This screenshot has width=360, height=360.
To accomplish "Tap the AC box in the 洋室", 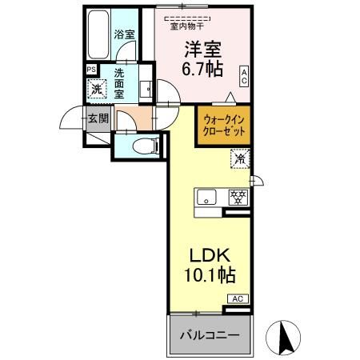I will (x=244, y=77).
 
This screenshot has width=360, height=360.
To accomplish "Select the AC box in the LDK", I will (x=238, y=298).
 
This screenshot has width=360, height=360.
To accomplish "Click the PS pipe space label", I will (x=90, y=70).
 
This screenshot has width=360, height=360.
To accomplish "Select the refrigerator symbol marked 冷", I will (x=239, y=159).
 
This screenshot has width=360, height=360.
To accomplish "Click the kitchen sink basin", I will (x=206, y=197).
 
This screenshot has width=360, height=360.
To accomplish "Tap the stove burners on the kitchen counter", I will (x=237, y=197).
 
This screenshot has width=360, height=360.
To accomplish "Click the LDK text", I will (x=210, y=255).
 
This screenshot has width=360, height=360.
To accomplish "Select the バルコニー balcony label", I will (x=210, y=334).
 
